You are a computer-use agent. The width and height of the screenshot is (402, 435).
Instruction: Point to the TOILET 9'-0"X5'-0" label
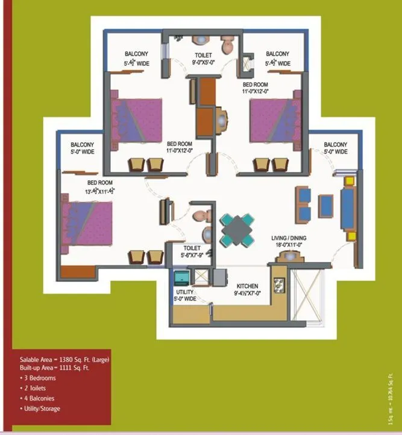click(203, 59)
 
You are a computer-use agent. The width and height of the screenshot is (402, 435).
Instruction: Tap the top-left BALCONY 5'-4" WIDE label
click(137, 59)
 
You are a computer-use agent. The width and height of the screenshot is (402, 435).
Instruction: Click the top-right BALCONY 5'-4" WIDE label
click(277, 59)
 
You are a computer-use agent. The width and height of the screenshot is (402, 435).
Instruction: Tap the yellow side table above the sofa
click(348, 180)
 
